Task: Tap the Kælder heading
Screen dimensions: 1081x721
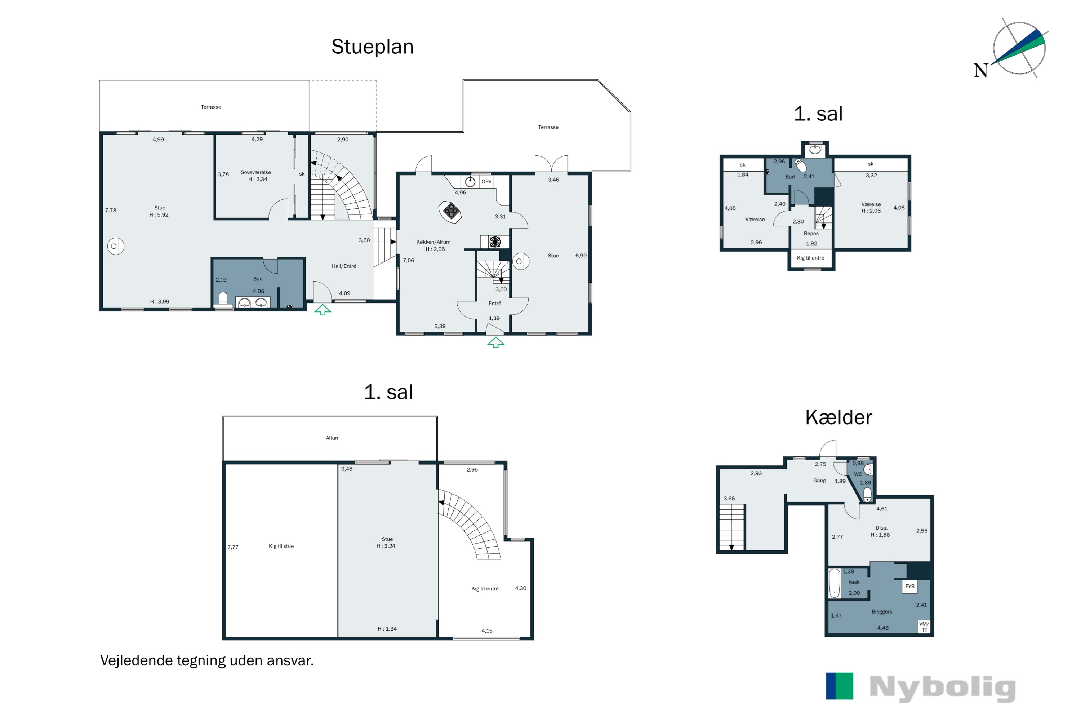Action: tap(838, 417)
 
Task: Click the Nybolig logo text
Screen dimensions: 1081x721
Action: tap(943, 688)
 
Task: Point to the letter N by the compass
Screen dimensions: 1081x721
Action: tap(980, 70)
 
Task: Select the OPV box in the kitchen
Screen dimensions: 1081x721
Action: tap(486, 182)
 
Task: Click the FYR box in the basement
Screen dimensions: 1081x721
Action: tap(909, 586)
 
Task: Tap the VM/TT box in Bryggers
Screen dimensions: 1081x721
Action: tap(924, 627)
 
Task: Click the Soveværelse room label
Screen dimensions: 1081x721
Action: tap(256, 172)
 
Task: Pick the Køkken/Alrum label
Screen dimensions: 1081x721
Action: tap(433, 242)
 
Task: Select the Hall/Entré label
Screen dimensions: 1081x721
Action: tap(344, 266)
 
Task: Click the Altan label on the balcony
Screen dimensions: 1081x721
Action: tap(332, 438)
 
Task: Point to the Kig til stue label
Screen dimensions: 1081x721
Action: tap(281, 546)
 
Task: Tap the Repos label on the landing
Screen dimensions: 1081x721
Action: tap(811, 234)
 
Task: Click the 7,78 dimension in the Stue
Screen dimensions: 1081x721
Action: tap(111, 211)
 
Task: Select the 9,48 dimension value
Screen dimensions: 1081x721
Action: tap(347, 469)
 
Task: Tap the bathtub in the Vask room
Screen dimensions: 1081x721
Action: tap(834, 583)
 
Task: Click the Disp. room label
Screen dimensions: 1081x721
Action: tap(881, 528)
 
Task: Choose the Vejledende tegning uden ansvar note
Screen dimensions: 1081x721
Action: tap(207, 661)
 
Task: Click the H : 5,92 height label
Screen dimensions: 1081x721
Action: tap(159, 215)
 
